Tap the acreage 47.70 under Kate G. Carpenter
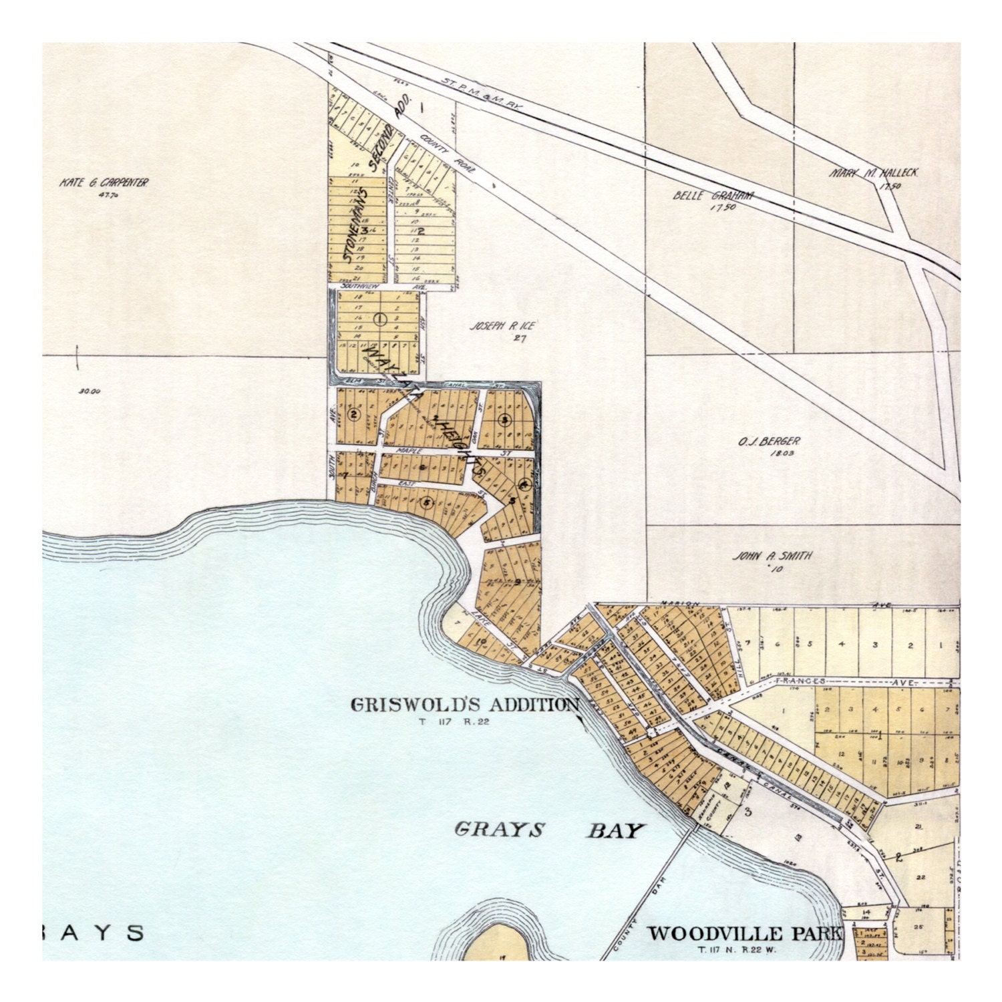(x=103, y=195)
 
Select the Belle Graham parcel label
(x=713, y=196)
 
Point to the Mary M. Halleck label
(x=874, y=172)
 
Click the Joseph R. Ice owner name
(x=504, y=326)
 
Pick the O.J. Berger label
(x=768, y=442)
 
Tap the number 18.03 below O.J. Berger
(x=769, y=454)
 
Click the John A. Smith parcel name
(x=773, y=556)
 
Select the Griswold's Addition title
(x=465, y=704)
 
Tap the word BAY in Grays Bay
(x=616, y=831)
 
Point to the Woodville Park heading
(x=743, y=933)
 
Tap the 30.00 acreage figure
(x=89, y=392)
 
